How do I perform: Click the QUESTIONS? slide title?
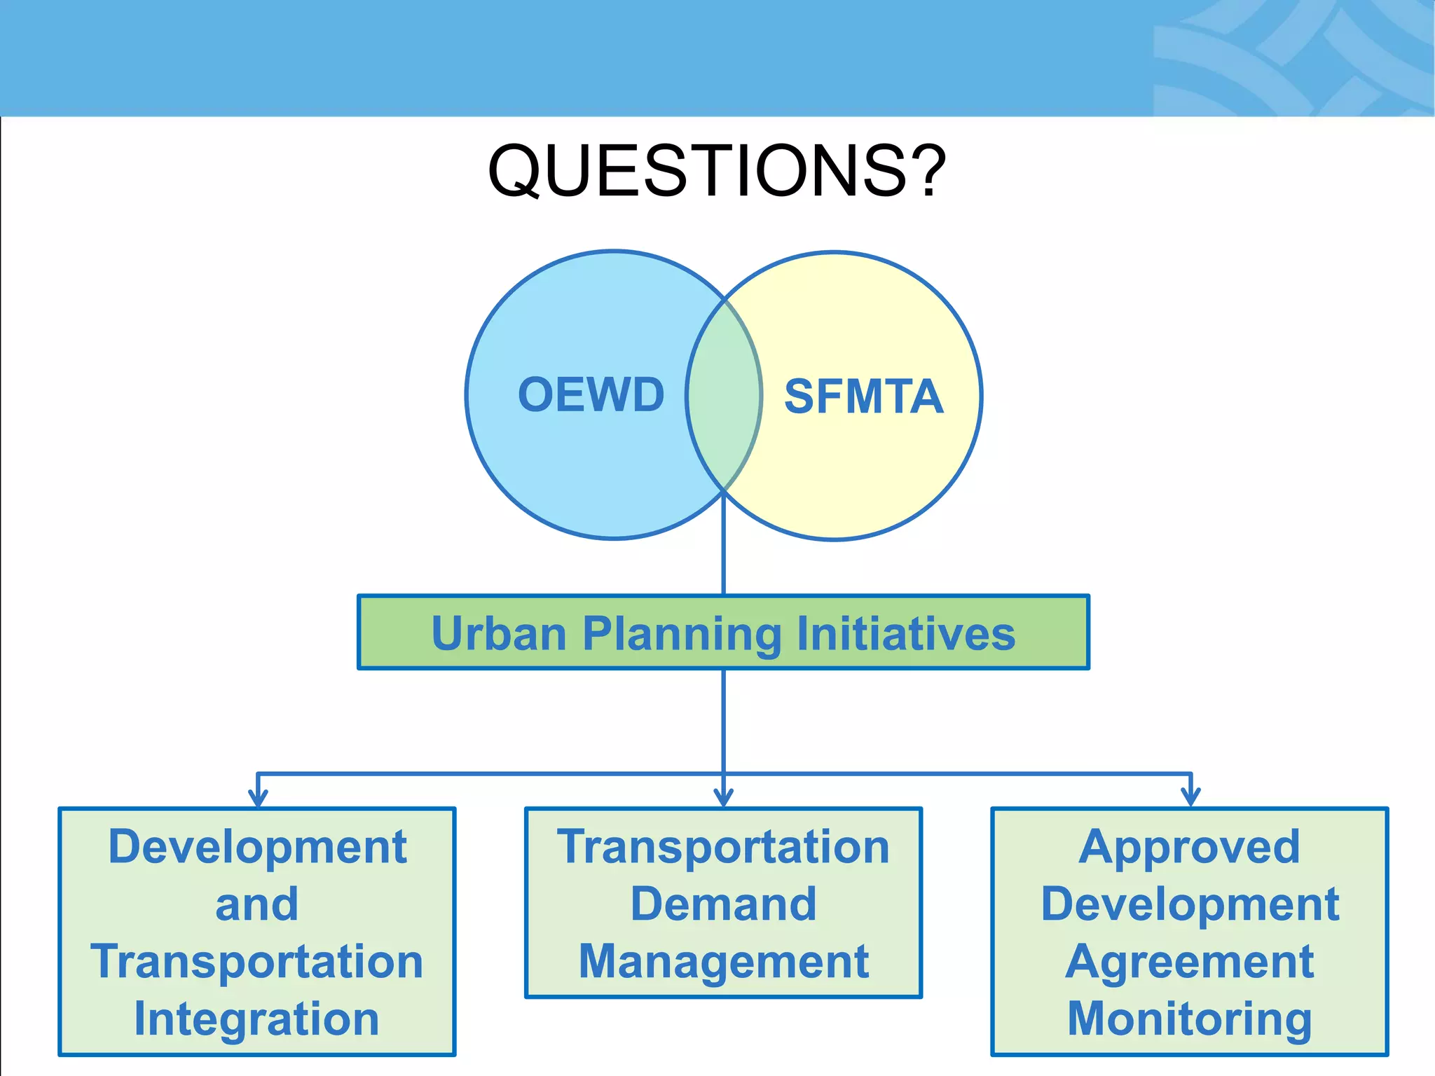tap(716, 170)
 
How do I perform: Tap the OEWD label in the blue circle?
tap(591, 394)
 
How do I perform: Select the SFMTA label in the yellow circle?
tap(863, 396)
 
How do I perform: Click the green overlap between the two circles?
tap(724, 396)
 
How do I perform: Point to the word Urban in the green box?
tap(498, 634)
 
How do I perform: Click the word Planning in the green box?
tap(681, 635)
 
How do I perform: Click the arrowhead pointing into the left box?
tap(258, 798)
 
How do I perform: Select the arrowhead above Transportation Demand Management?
tap(723, 798)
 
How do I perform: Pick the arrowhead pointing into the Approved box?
tap(1190, 798)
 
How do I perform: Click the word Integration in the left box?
tap(256, 1019)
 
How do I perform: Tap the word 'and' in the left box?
tap(256, 904)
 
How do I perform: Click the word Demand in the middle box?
tap(723, 904)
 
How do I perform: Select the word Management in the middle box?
tap(723, 961)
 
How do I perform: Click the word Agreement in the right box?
tap(1189, 961)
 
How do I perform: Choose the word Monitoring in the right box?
tap(1189, 1019)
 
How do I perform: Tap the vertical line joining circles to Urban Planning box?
tap(723, 553)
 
